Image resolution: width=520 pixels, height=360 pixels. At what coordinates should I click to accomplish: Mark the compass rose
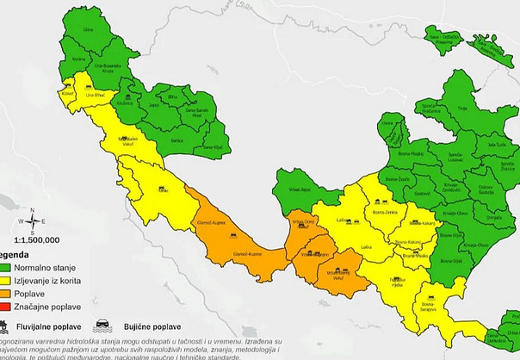[x=31, y=221]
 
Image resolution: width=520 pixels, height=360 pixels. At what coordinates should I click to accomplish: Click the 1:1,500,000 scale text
[x=32, y=240]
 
